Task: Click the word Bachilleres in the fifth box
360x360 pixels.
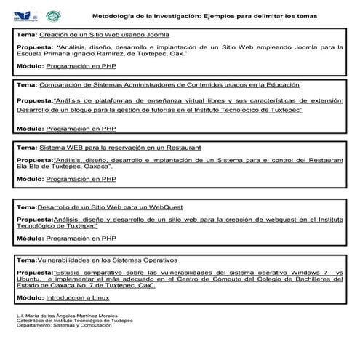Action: coord(322,279)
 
